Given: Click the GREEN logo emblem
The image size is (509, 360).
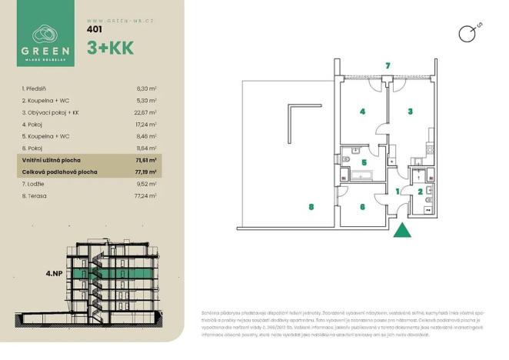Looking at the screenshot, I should pyautogui.click(x=45, y=34).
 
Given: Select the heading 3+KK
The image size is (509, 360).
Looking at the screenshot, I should pyautogui.click(x=111, y=48).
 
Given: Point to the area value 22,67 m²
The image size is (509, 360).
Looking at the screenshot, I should pyautogui.click(x=145, y=112).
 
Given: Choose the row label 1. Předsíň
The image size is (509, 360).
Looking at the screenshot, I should pyautogui.click(x=35, y=89).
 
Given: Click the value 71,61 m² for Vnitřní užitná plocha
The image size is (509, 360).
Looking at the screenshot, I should pyautogui.click(x=145, y=159).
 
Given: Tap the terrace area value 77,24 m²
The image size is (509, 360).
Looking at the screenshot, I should pyautogui.click(x=145, y=195).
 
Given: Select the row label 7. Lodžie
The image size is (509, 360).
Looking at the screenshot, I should pyautogui.click(x=34, y=184).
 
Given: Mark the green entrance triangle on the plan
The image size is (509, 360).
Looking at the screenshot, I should pyautogui.click(x=402, y=230).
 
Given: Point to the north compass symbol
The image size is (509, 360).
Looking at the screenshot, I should pyautogui.click(x=466, y=32).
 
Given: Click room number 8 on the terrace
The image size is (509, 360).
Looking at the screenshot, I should pyautogui.click(x=311, y=206).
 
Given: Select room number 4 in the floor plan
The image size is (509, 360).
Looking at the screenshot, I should pyautogui.click(x=362, y=112).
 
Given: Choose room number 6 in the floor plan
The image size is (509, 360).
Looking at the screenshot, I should pyautogui.click(x=362, y=206).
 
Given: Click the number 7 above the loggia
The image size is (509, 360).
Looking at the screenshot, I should pyautogui.click(x=389, y=65).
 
